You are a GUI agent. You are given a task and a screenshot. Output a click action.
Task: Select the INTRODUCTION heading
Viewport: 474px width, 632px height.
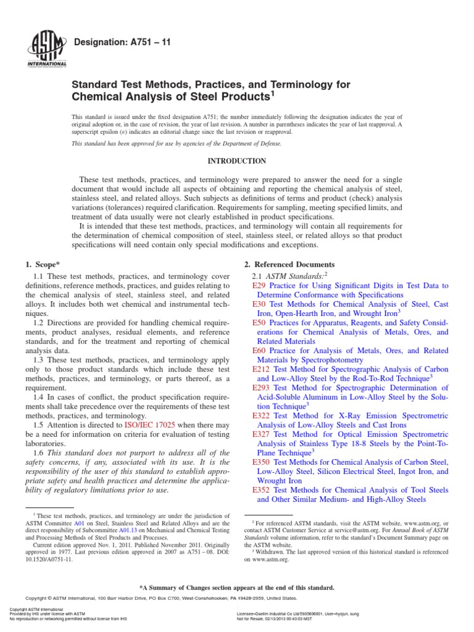(x=236, y=161)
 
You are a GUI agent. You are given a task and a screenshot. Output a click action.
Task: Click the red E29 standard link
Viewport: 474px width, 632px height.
(x=259, y=286)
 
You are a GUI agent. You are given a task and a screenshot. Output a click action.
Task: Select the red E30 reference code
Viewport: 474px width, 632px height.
(x=259, y=305)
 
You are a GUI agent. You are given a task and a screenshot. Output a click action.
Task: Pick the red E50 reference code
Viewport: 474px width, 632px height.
(x=259, y=323)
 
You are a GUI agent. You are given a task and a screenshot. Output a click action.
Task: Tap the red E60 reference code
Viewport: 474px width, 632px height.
(x=259, y=351)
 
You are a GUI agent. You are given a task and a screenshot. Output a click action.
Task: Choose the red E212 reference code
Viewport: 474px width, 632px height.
(x=262, y=369)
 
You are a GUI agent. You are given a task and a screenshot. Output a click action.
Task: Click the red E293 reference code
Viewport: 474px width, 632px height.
(x=262, y=388)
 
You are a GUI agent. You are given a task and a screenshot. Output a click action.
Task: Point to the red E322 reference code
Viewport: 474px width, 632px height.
(x=262, y=415)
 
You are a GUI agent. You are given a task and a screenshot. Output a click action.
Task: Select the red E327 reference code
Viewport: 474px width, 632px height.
(x=262, y=434)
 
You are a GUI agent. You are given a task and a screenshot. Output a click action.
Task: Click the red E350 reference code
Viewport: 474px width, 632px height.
(x=262, y=462)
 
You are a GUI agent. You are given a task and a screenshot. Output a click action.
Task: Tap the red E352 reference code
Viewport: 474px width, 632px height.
(x=262, y=489)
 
